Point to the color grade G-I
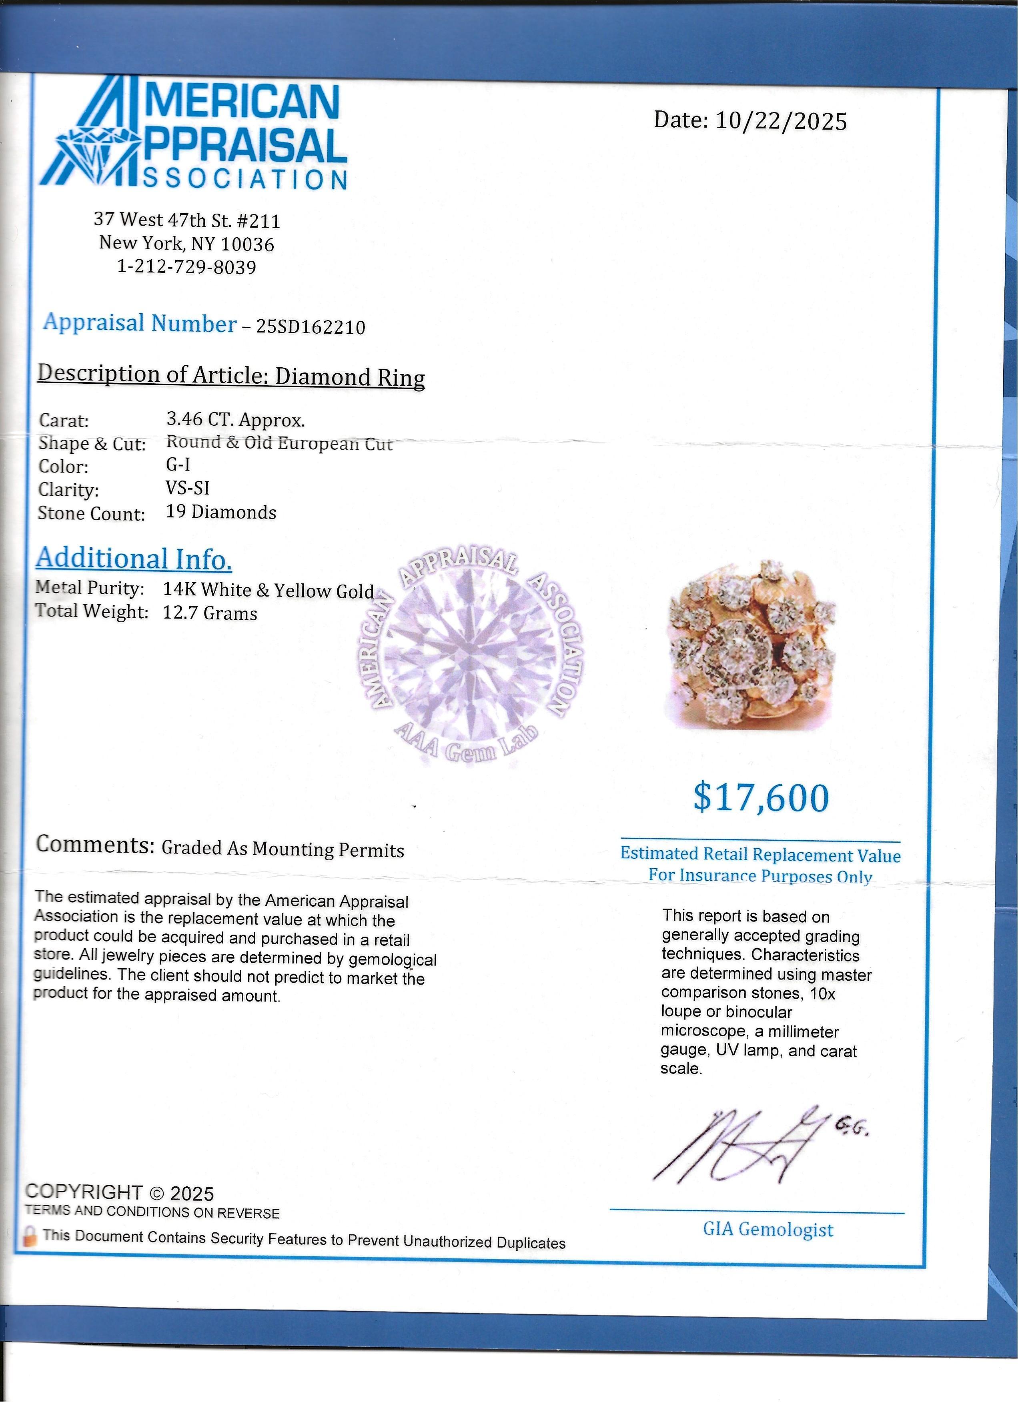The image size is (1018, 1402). [178, 465]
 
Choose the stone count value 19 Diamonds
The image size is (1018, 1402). [220, 513]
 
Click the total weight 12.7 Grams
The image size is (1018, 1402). [210, 613]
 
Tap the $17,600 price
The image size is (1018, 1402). [760, 797]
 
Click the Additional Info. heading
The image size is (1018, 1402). [134, 559]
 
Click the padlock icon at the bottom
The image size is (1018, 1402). [28, 1236]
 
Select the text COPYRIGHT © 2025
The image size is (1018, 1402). [119, 1192]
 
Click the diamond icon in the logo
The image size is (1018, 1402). [99, 148]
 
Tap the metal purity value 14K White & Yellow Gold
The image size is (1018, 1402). [268, 590]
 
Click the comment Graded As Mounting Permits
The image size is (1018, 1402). [283, 849]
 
